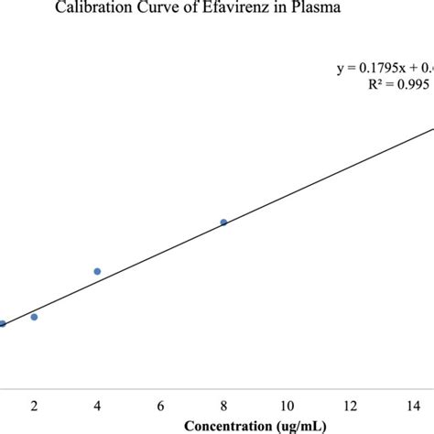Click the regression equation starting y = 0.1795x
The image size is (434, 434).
(385, 66)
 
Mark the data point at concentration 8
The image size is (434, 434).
(223, 222)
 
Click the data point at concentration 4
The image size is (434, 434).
(97, 271)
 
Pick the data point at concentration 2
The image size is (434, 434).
(34, 317)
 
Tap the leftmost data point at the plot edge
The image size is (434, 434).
(3, 323)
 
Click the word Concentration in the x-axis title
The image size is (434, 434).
(228, 426)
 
